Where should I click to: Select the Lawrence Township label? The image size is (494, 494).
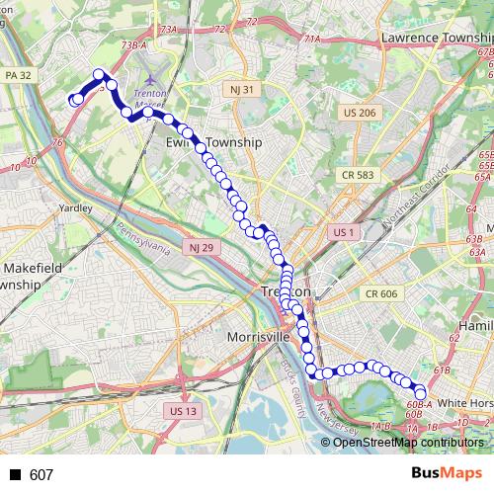tap(437, 39)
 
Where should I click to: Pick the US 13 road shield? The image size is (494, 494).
tap(185, 410)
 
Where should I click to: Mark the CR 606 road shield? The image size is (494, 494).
tap(379, 293)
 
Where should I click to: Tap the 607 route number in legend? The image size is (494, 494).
tap(41, 475)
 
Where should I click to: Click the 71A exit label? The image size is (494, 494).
tap(312, 39)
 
